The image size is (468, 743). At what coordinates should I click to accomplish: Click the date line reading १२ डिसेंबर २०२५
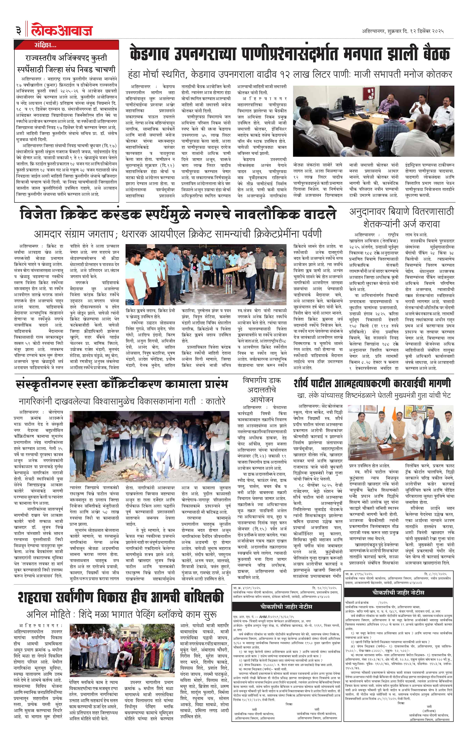[403, 31]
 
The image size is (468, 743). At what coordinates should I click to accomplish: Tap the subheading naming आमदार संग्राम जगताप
[177, 234]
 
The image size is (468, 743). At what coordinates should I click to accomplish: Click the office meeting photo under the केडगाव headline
[374, 121]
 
